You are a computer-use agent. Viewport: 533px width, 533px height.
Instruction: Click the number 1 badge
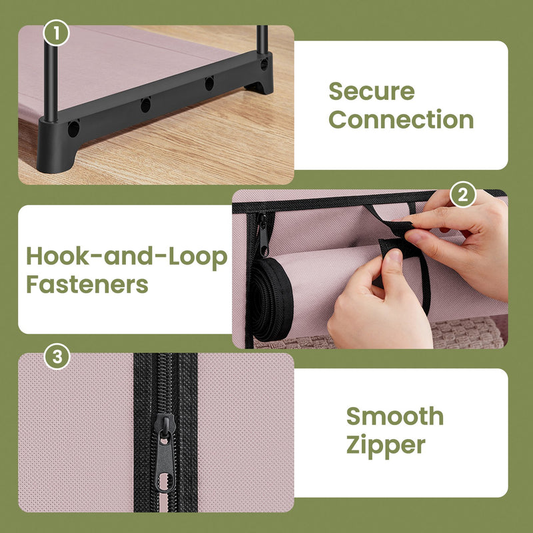57,33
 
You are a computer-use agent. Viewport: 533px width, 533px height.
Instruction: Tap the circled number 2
464,195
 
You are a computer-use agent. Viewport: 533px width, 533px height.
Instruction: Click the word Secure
371,91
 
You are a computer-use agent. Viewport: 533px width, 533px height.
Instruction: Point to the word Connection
401,120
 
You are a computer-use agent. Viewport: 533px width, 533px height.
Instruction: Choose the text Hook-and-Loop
127,257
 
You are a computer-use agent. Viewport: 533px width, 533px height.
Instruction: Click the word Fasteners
87,285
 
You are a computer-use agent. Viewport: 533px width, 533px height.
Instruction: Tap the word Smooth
394,416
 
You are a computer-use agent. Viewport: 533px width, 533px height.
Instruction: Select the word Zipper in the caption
385,445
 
